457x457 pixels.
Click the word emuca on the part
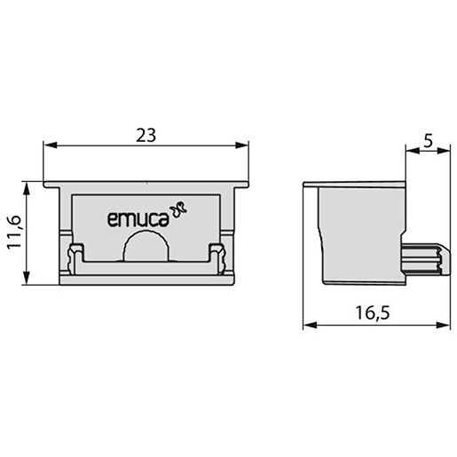[138, 218]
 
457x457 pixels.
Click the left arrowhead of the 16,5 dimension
[309, 325]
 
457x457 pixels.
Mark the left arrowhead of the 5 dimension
[411, 153]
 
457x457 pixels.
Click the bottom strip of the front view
[146, 275]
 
